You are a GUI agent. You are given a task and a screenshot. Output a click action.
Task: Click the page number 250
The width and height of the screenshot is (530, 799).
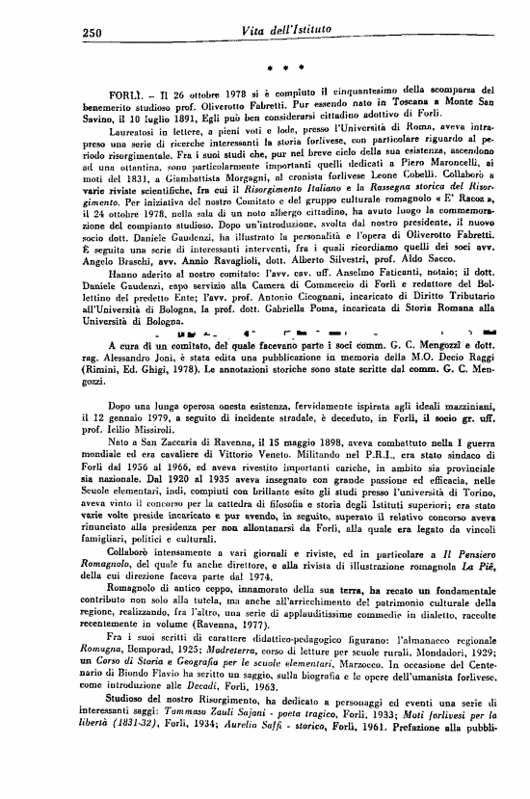point(86,32)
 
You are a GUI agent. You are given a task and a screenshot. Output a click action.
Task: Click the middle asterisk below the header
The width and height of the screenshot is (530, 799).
point(287,68)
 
